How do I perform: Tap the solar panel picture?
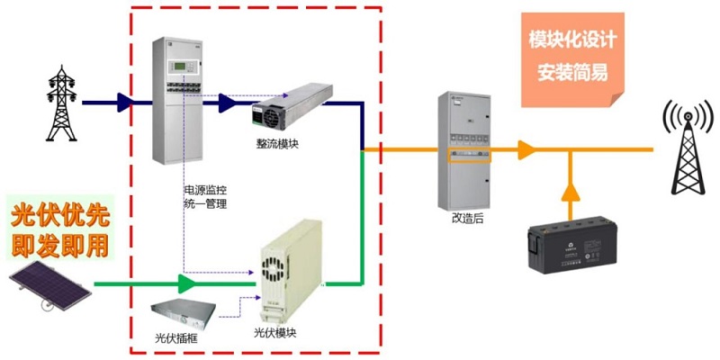(50, 286)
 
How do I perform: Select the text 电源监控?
(204, 191)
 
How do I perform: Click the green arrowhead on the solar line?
(187, 285)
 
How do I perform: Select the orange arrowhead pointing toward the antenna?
(526, 149)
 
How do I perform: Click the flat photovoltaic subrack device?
(184, 314)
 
